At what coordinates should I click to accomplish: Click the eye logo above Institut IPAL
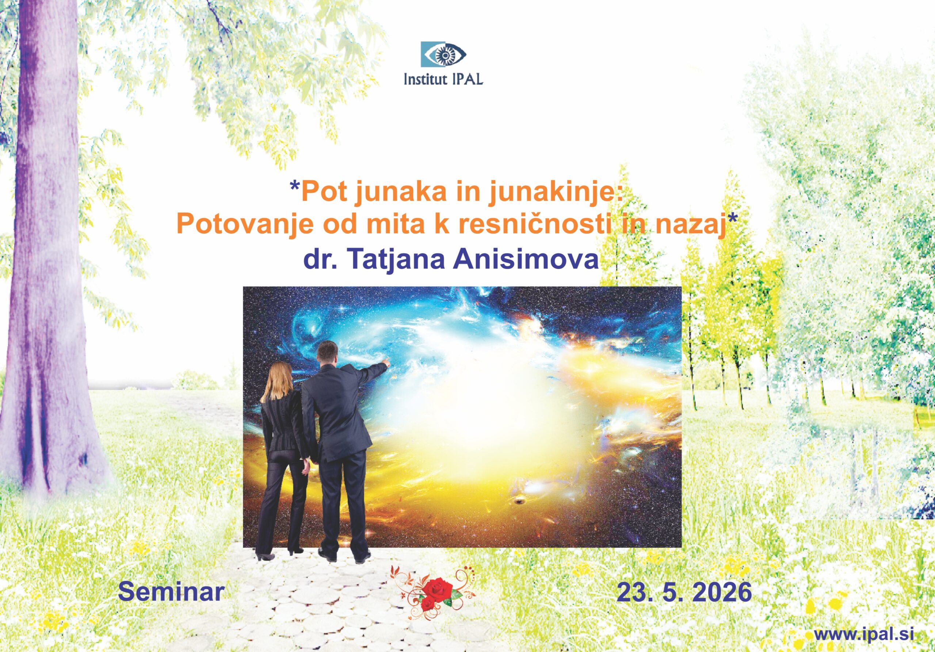443,54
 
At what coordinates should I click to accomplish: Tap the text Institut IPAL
443,79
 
